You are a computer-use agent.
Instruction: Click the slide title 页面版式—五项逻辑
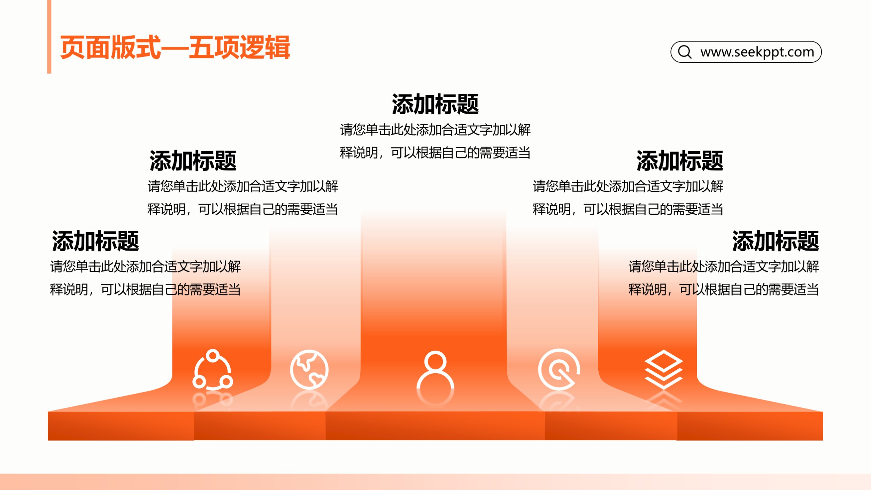tap(175, 47)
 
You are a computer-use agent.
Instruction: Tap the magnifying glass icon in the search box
tap(685, 52)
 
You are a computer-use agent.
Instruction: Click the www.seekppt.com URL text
tap(757, 52)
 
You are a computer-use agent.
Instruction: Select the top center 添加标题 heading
tap(435, 104)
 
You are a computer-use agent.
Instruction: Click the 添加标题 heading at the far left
tap(95, 241)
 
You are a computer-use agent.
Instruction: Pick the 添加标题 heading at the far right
tap(776, 241)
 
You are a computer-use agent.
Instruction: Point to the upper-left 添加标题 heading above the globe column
tap(193, 161)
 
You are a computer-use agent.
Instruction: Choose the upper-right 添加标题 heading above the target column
tap(680, 161)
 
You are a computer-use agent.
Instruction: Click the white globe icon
tap(309, 369)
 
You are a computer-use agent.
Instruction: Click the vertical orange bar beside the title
tap(49, 37)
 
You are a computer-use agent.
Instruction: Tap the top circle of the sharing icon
tap(213, 357)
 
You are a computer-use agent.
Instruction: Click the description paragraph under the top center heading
tap(435, 141)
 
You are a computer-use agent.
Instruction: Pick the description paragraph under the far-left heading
tap(145, 278)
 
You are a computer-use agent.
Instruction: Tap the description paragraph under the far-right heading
tap(724, 278)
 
